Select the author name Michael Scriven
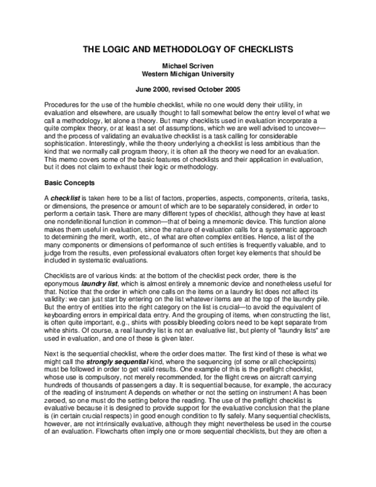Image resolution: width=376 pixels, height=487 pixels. point(187,66)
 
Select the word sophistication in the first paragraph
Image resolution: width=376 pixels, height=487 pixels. point(66,144)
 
